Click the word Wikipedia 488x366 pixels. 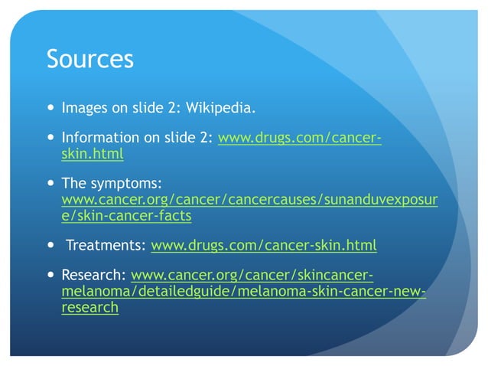click(x=220, y=108)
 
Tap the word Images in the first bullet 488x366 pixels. click(x=85, y=108)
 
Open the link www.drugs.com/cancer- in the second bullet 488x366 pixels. click(x=300, y=139)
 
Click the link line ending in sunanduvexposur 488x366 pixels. click(x=249, y=200)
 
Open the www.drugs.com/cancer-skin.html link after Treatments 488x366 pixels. click(x=264, y=246)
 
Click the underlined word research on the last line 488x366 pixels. click(x=89, y=307)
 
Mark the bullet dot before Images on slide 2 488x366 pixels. click(x=50, y=108)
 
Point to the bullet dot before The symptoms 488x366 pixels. click(x=50, y=185)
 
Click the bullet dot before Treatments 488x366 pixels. click(x=50, y=246)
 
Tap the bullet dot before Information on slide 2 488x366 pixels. click(x=50, y=139)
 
